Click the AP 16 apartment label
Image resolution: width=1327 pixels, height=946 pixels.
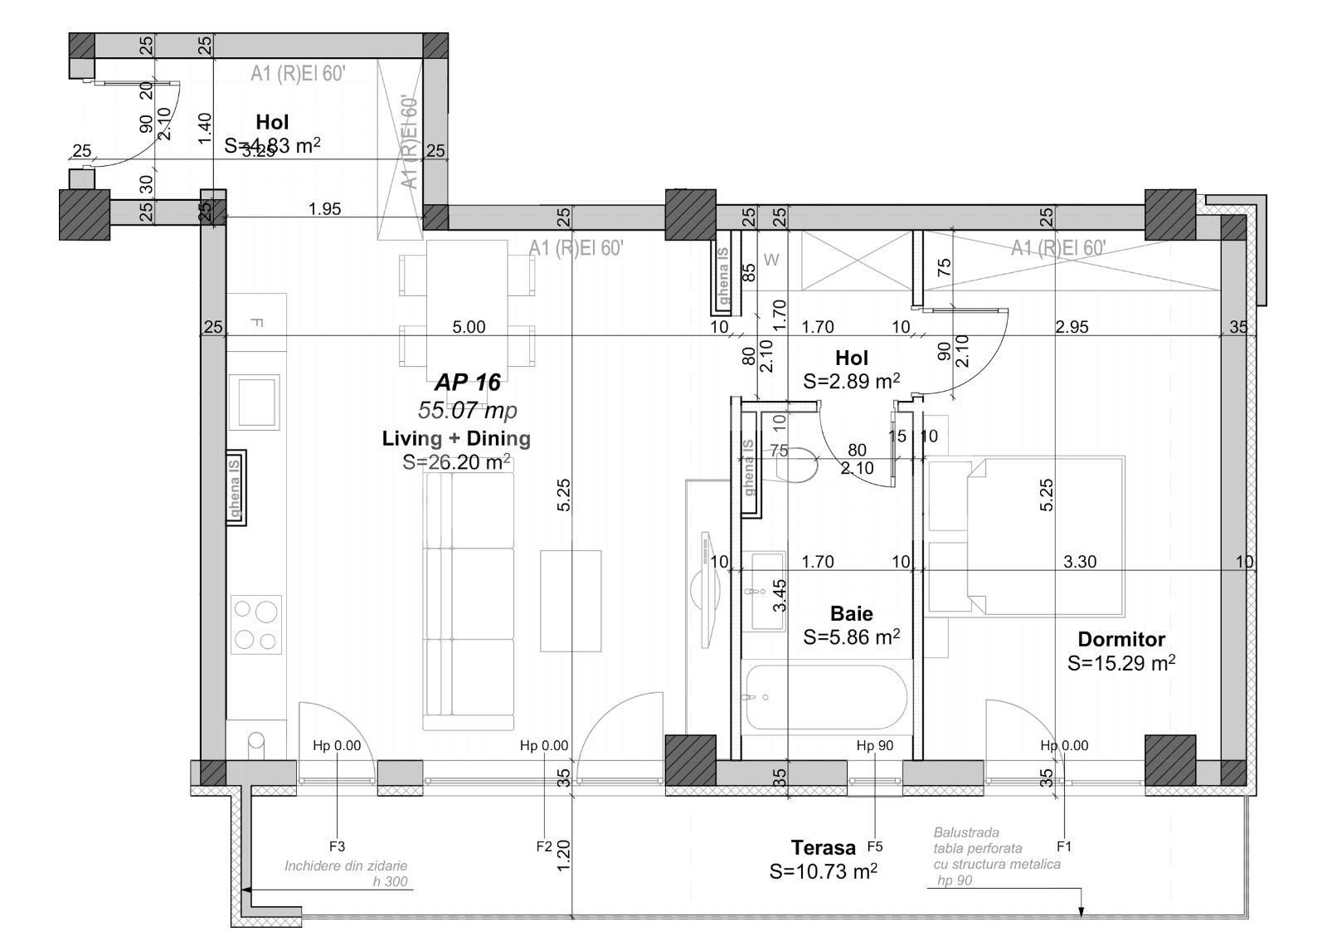click(x=468, y=383)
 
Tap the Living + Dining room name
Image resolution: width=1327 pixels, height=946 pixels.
click(x=456, y=438)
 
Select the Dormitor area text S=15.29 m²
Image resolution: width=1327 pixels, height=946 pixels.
click(x=1121, y=663)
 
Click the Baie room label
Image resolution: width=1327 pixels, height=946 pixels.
click(x=851, y=614)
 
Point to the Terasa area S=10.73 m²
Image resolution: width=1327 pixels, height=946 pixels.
click(x=823, y=871)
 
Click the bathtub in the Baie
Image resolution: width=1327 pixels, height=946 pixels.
click(x=824, y=697)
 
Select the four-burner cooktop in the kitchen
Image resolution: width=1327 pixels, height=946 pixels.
click(x=256, y=624)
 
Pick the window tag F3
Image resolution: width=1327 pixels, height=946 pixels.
click(x=337, y=846)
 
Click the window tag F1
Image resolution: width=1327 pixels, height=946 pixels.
click(x=1064, y=846)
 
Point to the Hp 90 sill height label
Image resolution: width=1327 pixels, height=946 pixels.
click(x=875, y=745)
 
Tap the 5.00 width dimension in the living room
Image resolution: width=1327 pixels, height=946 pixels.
click(x=469, y=327)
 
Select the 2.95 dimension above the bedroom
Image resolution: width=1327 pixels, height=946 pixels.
click(x=1072, y=327)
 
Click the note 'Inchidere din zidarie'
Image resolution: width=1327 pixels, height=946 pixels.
click(x=346, y=866)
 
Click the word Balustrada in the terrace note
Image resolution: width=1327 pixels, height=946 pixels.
click(x=966, y=831)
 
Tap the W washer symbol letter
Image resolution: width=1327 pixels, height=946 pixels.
click(x=771, y=261)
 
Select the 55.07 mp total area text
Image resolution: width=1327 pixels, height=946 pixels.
click(x=468, y=410)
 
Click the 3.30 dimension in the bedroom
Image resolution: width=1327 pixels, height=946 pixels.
click(x=1079, y=562)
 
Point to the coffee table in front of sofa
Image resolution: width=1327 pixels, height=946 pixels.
click(x=571, y=601)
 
